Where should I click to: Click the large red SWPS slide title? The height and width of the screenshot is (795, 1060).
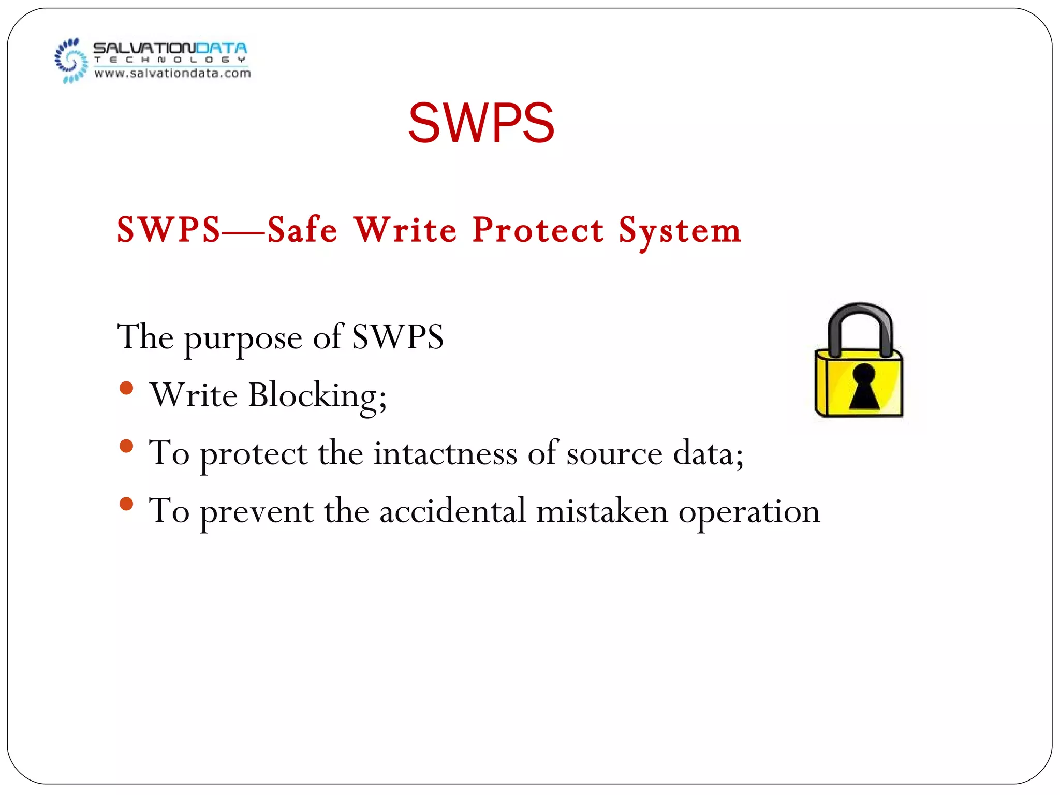click(481, 123)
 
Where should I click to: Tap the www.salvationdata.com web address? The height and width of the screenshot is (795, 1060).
click(172, 73)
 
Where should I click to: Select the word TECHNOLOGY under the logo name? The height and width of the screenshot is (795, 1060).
click(170, 60)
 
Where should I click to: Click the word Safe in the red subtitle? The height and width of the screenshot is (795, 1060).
click(303, 230)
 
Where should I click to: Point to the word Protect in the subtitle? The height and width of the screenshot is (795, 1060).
click(538, 230)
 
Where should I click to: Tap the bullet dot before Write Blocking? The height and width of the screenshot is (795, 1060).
click(126, 388)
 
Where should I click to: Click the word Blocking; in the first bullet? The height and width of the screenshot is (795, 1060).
click(317, 396)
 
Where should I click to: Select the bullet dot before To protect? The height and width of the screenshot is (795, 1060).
click(126, 446)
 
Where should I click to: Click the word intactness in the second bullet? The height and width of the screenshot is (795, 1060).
click(445, 453)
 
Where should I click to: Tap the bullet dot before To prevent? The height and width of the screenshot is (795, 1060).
click(126, 504)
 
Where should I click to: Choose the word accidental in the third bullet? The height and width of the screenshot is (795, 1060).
click(452, 511)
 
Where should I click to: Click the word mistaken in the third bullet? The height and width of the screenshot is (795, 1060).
click(602, 511)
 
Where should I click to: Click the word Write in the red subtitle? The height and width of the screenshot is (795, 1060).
click(405, 230)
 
